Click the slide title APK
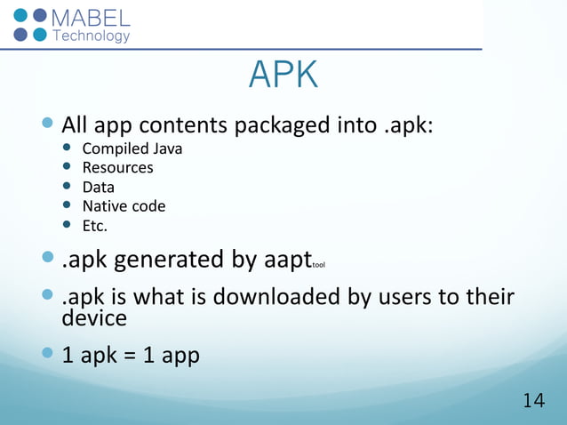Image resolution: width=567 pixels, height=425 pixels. click(x=283, y=76)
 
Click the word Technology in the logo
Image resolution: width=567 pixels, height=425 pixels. click(x=92, y=36)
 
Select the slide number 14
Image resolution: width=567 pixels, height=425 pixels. click(x=533, y=401)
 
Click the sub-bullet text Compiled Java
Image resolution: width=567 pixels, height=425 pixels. click(x=132, y=148)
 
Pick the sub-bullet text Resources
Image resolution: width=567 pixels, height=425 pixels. click(x=117, y=167)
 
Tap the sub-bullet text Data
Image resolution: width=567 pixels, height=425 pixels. click(x=98, y=187)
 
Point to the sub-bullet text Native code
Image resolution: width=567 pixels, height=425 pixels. click(x=124, y=206)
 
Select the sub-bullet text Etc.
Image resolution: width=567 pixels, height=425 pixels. click(x=94, y=226)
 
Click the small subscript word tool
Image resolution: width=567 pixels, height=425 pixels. click(x=319, y=265)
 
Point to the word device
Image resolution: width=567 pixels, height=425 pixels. click(x=93, y=317)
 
